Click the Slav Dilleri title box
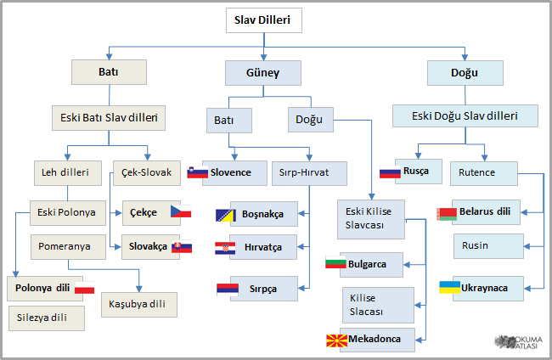[262, 21]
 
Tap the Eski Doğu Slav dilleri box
[465, 115]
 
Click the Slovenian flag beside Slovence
[198, 172]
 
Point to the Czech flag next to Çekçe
[181, 211]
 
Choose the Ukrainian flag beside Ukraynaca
[449, 287]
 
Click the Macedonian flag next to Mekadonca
[337, 341]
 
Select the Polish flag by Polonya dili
[84, 289]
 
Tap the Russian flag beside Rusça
[390, 172]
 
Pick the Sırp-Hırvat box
[310, 173]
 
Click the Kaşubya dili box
[138, 303]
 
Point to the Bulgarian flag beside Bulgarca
[336, 263]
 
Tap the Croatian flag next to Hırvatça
[225, 248]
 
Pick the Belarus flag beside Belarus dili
[448, 212]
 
